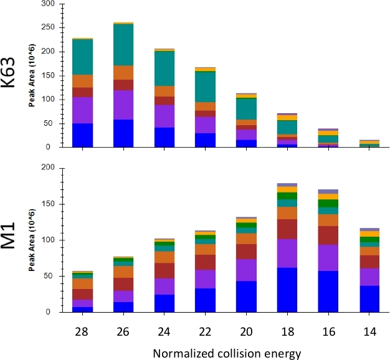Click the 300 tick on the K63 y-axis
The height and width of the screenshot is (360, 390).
(48, 4)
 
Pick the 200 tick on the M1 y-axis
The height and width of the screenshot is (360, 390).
(48, 168)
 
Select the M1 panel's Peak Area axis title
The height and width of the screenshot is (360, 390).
(32, 240)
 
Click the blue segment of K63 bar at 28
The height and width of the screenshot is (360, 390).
(82, 135)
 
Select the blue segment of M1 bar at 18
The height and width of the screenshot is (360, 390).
(287, 290)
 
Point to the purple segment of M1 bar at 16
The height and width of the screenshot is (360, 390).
(328, 257)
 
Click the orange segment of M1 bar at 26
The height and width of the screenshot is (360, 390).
(123, 272)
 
